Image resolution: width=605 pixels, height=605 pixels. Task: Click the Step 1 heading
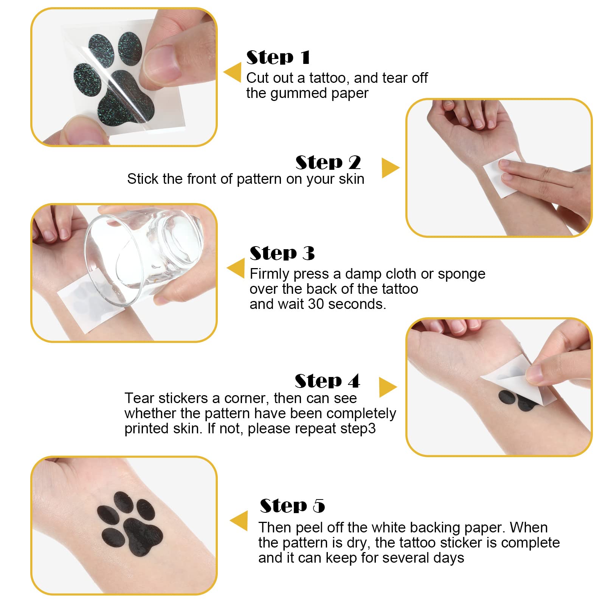click(x=278, y=57)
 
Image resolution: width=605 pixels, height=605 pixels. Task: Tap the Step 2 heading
click(x=328, y=163)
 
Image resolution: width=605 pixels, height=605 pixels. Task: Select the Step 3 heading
click(x=282, y=253)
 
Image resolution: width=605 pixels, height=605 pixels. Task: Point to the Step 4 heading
click(x=327, y=381)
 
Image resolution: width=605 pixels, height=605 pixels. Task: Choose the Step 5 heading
click(x=292, y=506)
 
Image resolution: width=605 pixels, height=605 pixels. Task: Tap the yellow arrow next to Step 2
click(x=391, y=168)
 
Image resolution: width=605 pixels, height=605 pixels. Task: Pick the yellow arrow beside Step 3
click(x=236, y=268)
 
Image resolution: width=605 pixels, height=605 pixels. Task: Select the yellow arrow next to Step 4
click(x=388, y=387)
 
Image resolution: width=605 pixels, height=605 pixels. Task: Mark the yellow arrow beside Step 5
click(x=239, y=521)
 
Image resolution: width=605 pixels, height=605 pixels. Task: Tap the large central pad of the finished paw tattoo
click(x=143, y=537)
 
